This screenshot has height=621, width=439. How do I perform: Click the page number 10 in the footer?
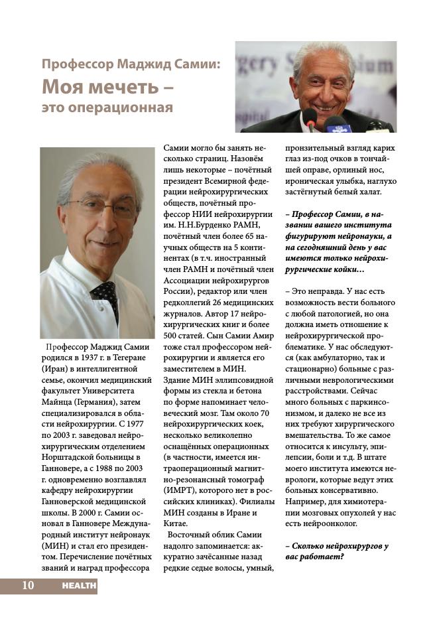28,586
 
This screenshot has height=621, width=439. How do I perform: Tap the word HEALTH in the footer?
79,586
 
